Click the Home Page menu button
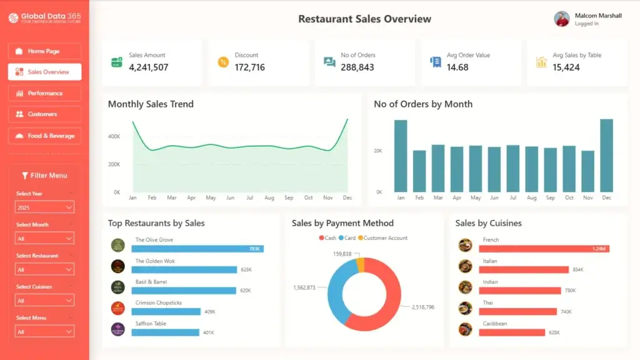[44, 51]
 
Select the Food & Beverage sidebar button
[44, 136]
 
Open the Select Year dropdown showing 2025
[44, 207]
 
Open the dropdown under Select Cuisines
[44, 301]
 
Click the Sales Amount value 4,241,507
[148, 67]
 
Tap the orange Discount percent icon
[223, 62]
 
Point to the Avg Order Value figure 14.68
[457, 67]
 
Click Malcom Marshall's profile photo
[562, 19]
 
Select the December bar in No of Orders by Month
[606, 156]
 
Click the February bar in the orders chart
[419, 171]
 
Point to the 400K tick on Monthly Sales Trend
[114, 136]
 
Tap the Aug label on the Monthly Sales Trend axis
[269, 198]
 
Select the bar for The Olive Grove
[197, 249]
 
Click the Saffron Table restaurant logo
[118, 329]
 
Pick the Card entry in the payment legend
[347, 238]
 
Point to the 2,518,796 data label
[422, 307]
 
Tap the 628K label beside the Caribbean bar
[554, 332]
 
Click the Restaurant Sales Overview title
[364, 19]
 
